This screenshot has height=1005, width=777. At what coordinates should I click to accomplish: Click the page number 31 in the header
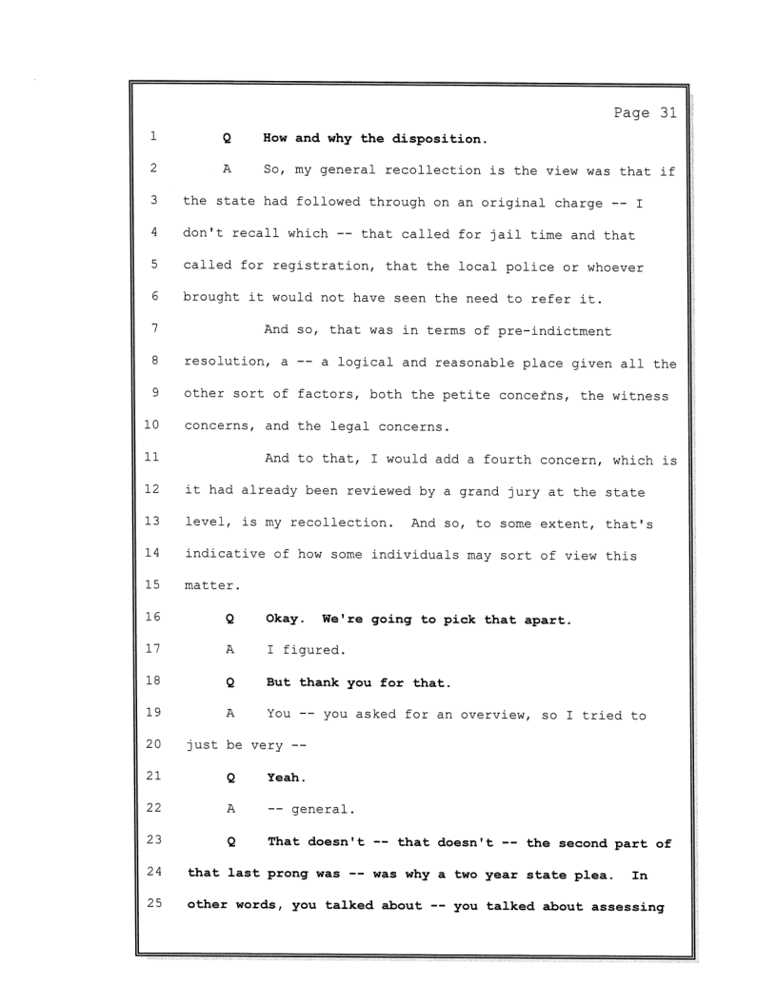[665, 113]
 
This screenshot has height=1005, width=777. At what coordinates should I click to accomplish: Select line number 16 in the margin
[152, 620]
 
